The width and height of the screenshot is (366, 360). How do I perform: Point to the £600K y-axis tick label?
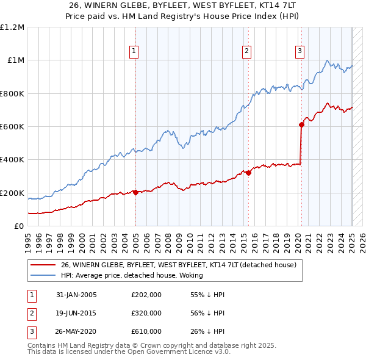(12, 127)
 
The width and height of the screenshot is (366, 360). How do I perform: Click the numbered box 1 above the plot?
(133, 51)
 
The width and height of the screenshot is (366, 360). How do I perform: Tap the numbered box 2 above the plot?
(246, 51)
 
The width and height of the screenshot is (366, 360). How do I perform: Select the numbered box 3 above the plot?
(300, 51)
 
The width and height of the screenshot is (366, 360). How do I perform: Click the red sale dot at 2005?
(135, 193)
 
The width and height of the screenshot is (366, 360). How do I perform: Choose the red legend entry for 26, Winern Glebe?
(178, 265)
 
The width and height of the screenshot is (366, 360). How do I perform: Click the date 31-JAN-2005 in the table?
(76, 295)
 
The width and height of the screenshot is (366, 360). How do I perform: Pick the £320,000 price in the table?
(146, 313)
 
